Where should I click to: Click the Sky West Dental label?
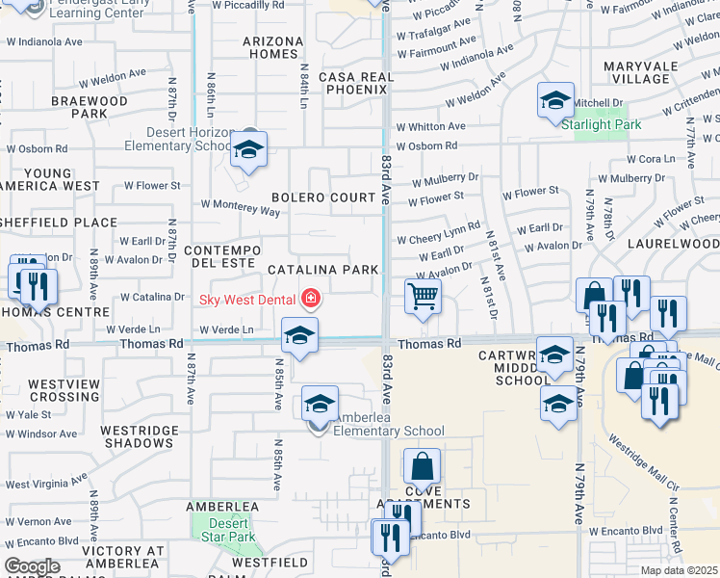[x=248, y=299]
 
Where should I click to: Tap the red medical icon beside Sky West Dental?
[x=310, y=300]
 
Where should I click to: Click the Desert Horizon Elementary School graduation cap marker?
[x=248, y=149]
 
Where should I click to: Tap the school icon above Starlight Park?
[x=555, y=101]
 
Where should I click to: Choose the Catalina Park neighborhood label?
[x=322, y=271]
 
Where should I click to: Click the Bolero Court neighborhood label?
[x=322, y=197]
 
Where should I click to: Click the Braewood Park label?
[x=90, y=107]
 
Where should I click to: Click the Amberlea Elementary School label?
[x=388, y=431]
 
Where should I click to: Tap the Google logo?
[x=32, y=567]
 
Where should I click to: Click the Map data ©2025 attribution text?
[x=679, y=570]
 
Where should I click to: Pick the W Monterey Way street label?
[x=240, y=204]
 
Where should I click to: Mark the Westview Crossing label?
[x=64, y=390]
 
